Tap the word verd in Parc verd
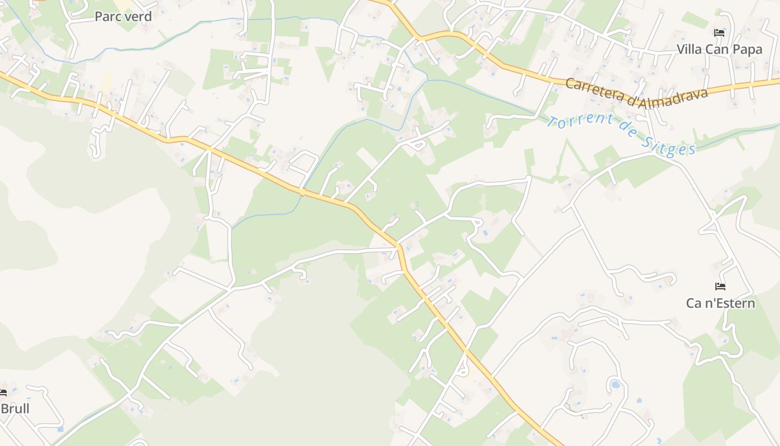pyautogui.click(x=138, y=17)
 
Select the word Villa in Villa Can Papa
pyautogui.click(x=690, y=49)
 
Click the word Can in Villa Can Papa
pyautogui.click(x=718, y=49)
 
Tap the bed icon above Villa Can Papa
pyautogui.click(x=719, y=33)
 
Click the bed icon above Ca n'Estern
pyautogui.click(x=720, y=287)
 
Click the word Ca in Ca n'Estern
pyautogui.click(x=694, y=303)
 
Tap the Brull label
pyautogui.click(x=15, y=409)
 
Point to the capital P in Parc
pyautogui.click(x=99, y=17)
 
